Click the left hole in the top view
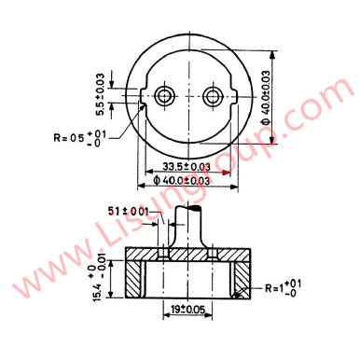click(x=166, y=95)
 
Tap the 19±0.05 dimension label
click(x=187, y=309)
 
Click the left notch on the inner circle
click(x=141, y=95)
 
